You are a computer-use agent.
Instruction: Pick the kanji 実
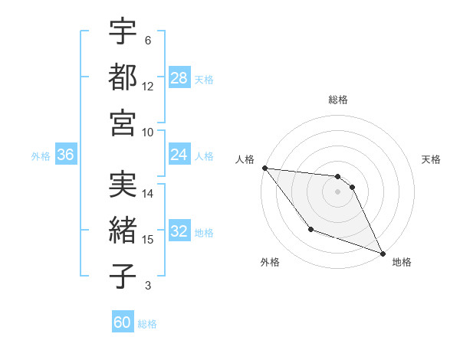123,184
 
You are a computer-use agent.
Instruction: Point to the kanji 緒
123,230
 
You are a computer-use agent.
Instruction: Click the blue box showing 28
179,77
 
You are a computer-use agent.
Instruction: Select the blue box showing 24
179,155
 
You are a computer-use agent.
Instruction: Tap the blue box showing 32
179,231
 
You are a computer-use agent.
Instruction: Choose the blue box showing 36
66,155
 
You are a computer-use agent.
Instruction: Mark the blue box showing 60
123,322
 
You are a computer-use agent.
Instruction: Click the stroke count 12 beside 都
147,87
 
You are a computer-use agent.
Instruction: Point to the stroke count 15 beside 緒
147,240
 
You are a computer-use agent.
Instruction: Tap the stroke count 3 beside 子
147,286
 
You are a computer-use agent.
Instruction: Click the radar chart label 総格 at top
337,100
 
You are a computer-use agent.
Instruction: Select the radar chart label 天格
431,159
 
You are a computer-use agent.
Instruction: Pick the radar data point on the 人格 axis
264,168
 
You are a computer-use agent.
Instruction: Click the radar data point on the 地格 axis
383,254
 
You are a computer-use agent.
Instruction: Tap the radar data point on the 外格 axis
310,229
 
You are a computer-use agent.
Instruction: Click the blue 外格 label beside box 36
41,155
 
